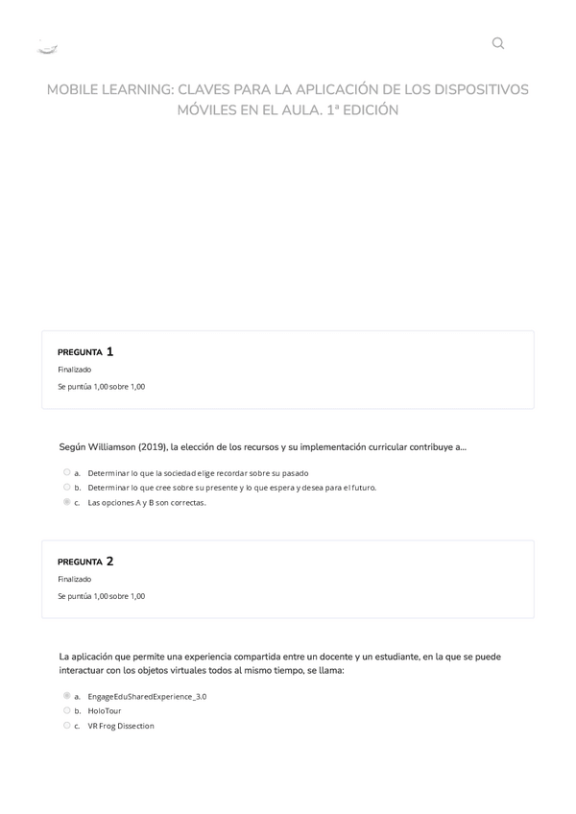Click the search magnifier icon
[x=497, y=43]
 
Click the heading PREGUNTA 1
[x=85, y=351]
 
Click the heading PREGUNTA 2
[x=85, y=562]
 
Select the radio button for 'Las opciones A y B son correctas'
[x=67, y=502]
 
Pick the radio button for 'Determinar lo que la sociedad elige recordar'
[x=67, y=472]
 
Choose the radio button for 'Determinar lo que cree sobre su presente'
[x=67, y=487]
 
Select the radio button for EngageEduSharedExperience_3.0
[x=67, y=696]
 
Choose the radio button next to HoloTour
[x=67, y=710]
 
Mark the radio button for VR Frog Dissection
[x=67, y=726]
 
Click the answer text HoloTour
[x=105, y=711]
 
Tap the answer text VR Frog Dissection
[x=121, y=726]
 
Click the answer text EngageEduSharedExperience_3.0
[x=147, y=696]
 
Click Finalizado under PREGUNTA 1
[x=75, y=370]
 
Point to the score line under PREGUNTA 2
[x=101, y=596]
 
